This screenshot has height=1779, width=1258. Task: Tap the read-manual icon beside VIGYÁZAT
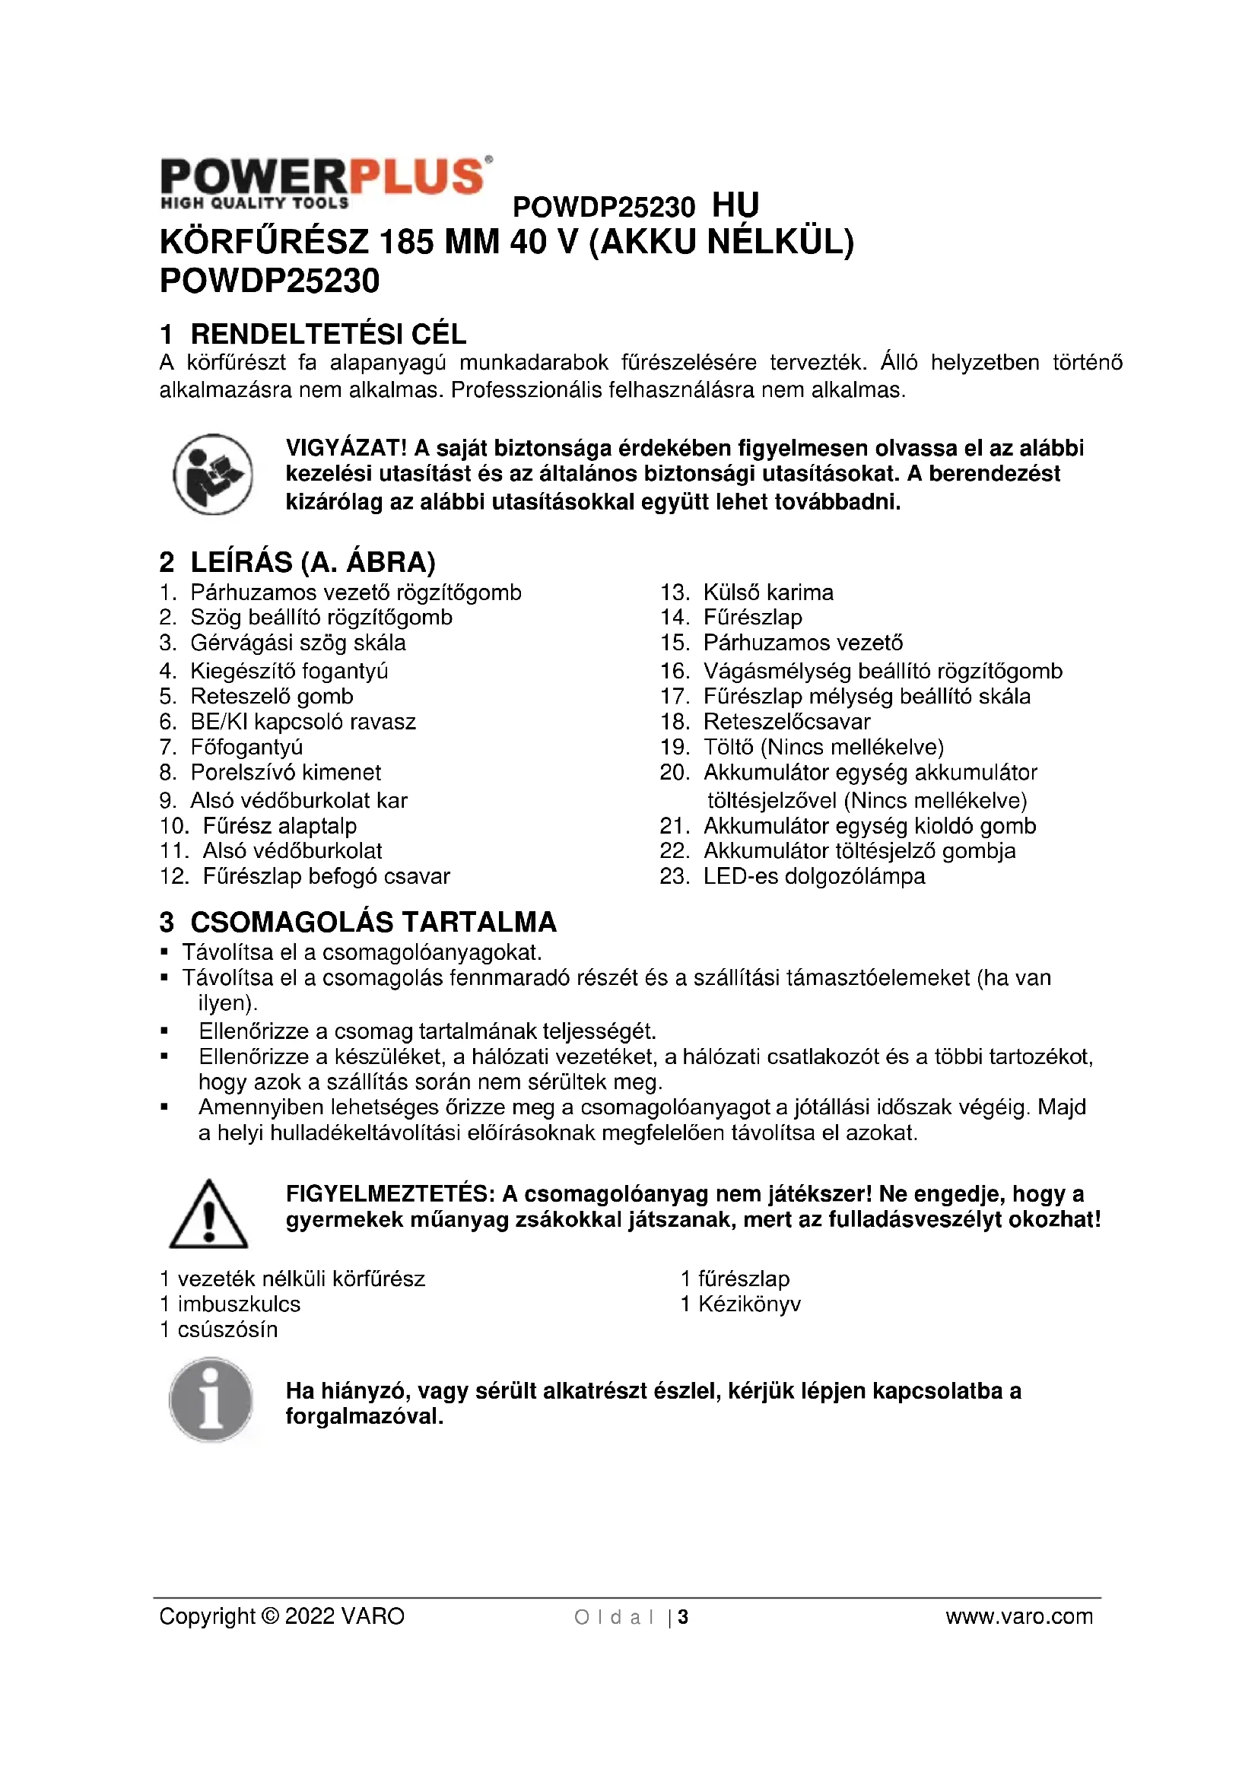[x=212, y=473]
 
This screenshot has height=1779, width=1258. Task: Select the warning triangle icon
[x=208, y=1215]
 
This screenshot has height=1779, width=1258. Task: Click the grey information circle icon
[x=211, y=1399]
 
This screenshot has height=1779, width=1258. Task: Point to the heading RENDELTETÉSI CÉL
[x=328, y=334]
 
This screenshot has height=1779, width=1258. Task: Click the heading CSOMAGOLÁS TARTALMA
[x=373, y=922]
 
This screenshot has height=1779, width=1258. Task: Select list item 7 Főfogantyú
[x=246, y=747]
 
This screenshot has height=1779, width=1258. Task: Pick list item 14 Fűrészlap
[x=751, y=618]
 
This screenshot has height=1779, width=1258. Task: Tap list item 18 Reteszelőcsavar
[x=786, y=721]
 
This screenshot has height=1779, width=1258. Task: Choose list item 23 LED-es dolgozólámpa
[x=813, y=876]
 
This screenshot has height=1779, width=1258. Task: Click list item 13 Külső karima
[x=767, y=592]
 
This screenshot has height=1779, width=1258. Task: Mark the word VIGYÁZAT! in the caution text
[x=346, y=448]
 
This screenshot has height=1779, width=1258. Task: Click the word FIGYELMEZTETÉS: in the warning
[x=389, y=1194]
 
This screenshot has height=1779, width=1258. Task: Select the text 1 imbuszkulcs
[x=230, y=1304]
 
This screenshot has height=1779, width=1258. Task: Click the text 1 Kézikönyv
[x=741, y=1304]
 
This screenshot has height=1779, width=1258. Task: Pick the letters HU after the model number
[x=735, y=205]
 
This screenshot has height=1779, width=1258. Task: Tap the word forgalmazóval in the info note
[x=364, y=1416]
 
